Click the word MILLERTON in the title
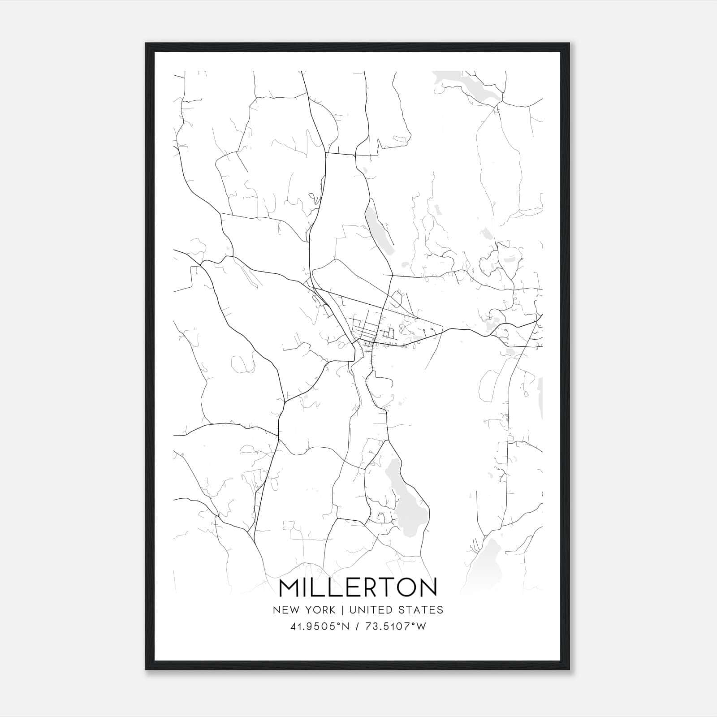(358, 587)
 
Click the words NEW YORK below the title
(303, 610)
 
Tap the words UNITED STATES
(396, 610)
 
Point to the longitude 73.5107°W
(397, 626)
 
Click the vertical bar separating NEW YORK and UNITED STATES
(342, 610)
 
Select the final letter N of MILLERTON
(428, 587)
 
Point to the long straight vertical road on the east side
(509, 426)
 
